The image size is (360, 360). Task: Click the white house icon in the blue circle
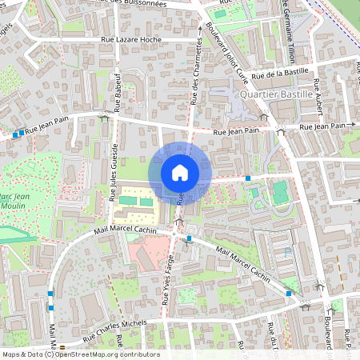[x=180, y=172]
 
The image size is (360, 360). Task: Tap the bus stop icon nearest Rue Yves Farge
[x=189, y=238]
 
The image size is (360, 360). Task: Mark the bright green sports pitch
[x=280, y=192]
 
